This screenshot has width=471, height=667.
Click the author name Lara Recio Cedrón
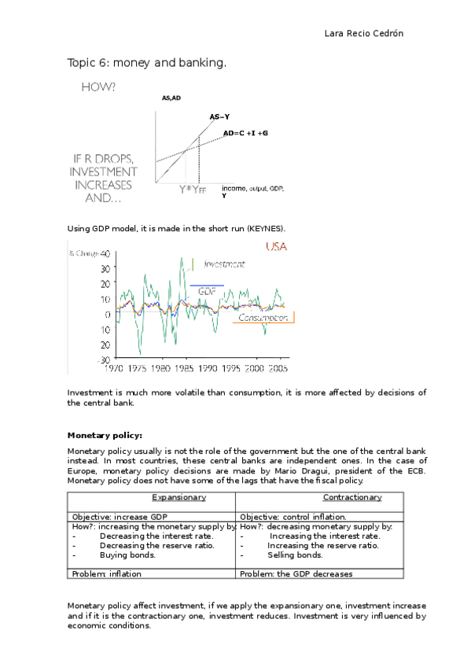pos(364,34)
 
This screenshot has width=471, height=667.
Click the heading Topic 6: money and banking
pos(147,61)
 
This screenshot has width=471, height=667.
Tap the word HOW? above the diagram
pos(99,88)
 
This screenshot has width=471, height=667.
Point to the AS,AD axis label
pos(171,98)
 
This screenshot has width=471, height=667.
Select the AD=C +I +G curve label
pos(245,133)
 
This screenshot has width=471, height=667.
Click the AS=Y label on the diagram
pos(219,116)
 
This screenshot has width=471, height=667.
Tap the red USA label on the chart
pos(277,247)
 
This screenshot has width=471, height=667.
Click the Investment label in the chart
pos(223,264)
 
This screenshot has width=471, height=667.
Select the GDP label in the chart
pos(208,291)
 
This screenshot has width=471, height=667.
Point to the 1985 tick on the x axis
pos(184,367)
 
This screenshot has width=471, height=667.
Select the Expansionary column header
pos(178,497)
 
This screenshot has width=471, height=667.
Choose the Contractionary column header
pos(351,497)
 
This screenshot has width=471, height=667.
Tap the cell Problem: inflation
pos(106,574)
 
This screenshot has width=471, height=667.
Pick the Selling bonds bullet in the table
pos(295,555)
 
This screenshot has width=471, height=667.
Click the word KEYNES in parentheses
pos(265,228)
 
